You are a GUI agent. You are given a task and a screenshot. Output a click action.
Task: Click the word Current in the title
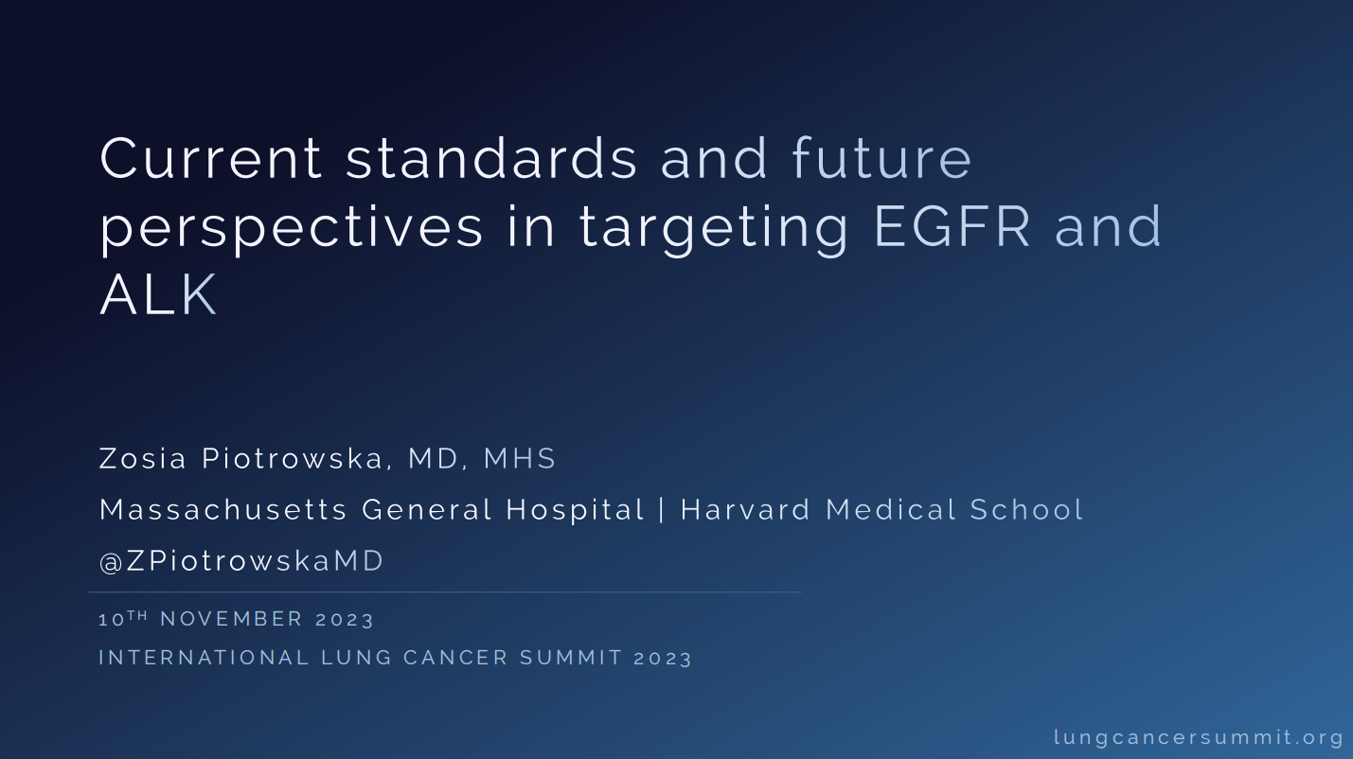(x=211, y=158)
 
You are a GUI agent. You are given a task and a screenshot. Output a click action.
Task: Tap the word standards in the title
(x=491, y=158)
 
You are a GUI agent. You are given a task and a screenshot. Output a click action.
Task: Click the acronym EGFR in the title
(x=952, y=226)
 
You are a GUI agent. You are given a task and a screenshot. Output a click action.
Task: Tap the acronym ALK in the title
(x=158, y=294)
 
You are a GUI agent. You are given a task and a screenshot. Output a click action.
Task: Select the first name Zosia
(x=143, y=458)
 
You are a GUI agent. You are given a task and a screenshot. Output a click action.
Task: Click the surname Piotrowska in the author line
(x=293, y=458)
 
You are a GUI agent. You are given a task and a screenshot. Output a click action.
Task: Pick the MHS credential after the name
(x=520, y=458)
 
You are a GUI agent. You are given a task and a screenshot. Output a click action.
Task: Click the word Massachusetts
(x=223, y=509)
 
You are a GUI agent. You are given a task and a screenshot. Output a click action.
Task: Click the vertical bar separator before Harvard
(x=662, y=510)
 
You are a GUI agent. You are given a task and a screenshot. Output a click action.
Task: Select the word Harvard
(x=745, y=509)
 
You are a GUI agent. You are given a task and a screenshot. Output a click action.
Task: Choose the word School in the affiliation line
(x=1027, y=509)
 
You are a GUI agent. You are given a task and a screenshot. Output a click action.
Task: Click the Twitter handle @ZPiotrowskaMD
(x=241, y=561)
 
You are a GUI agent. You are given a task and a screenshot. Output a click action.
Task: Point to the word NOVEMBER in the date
(x=231, y=619)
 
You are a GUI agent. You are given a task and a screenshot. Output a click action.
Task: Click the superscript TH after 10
(x=137, y=615)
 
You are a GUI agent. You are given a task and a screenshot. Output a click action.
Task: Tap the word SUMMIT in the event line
(x=571, y=658)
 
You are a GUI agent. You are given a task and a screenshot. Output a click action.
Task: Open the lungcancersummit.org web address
(x=1199, y=738)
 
